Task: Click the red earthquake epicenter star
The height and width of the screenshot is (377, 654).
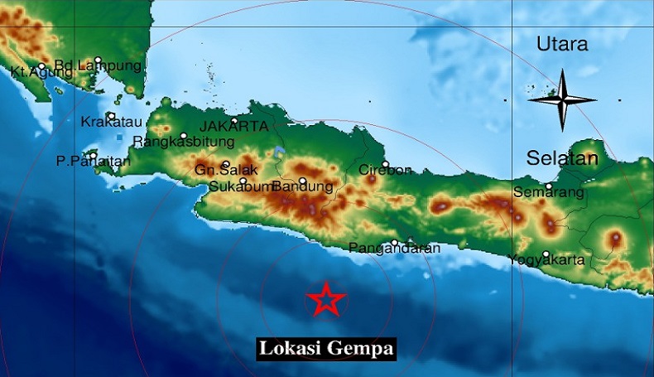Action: (326, 300)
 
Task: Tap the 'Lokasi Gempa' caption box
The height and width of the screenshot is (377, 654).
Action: (325, 348)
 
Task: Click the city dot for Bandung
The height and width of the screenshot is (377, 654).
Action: (303, 181)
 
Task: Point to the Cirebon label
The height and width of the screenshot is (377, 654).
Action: (384, 171)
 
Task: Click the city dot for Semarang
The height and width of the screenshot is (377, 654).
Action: (549, 186)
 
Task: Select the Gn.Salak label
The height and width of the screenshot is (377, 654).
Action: (221, 171)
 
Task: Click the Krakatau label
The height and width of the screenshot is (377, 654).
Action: (106, 123)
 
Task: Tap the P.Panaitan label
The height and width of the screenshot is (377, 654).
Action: (93, 162)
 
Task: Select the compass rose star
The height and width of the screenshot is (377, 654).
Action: (562, 100)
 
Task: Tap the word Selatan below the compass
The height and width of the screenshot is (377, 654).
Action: (562, 158)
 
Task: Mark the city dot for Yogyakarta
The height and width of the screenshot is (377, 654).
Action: (546, 254)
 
